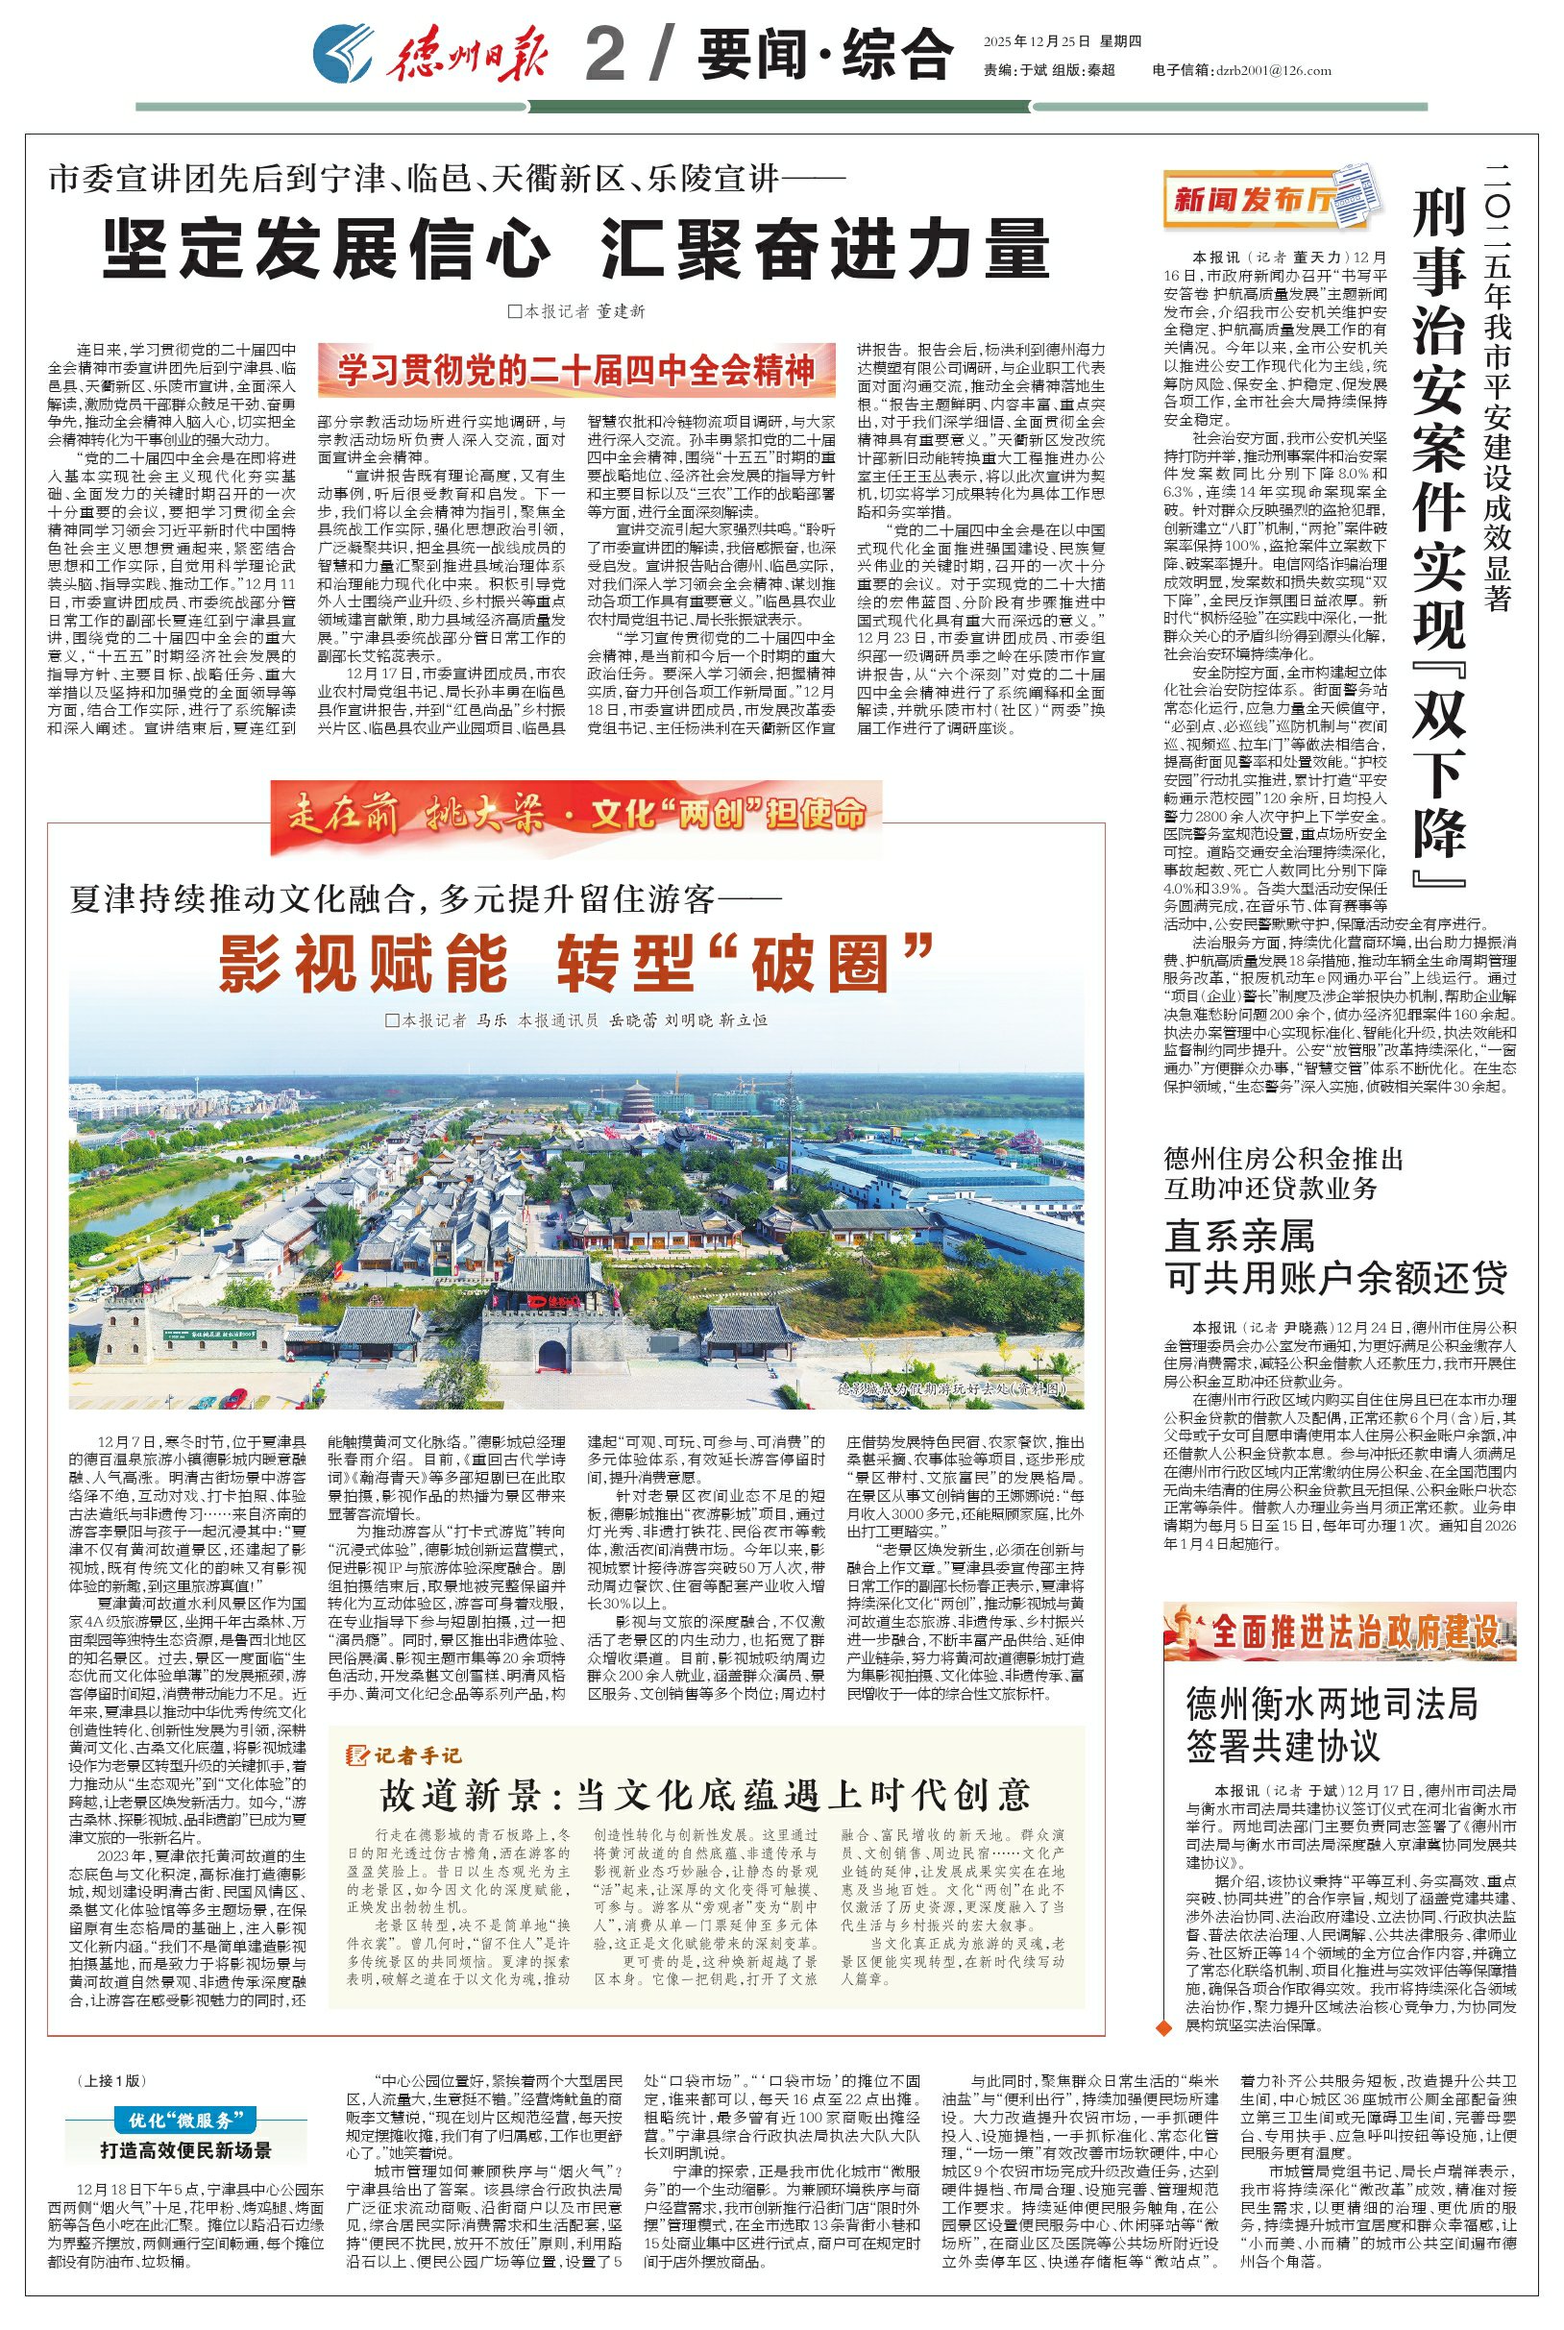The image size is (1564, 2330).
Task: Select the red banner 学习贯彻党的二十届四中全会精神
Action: click(x=576, y=370)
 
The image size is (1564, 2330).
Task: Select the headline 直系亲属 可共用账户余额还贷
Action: click(x=1335, y=1258)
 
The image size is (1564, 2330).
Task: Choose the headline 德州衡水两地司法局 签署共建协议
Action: click(x=1332, y=1725)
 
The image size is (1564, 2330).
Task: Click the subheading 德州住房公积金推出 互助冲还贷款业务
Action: click(x=1283, y=1173)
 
